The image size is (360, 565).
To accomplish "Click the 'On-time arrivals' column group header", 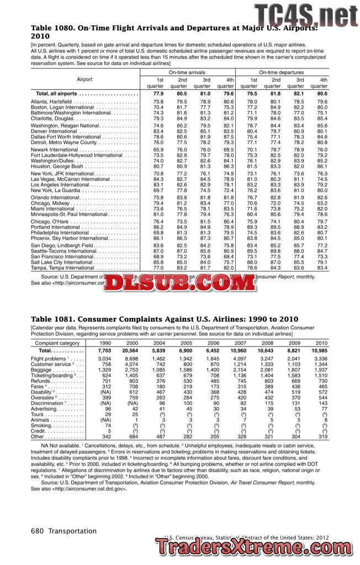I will tap(187, 72).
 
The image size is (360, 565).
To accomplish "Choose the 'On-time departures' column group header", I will tap(283, 72).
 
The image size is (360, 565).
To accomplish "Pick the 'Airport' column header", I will tap(84, 79).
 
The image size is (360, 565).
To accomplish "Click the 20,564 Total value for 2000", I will tap(130, 350).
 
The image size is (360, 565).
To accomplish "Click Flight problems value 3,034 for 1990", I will tap(104, 359).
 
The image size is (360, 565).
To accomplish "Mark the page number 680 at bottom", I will tap(37, 531).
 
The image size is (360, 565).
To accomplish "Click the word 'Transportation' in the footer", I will tap(72, 531).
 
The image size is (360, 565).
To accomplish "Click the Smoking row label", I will tap(41, 425).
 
